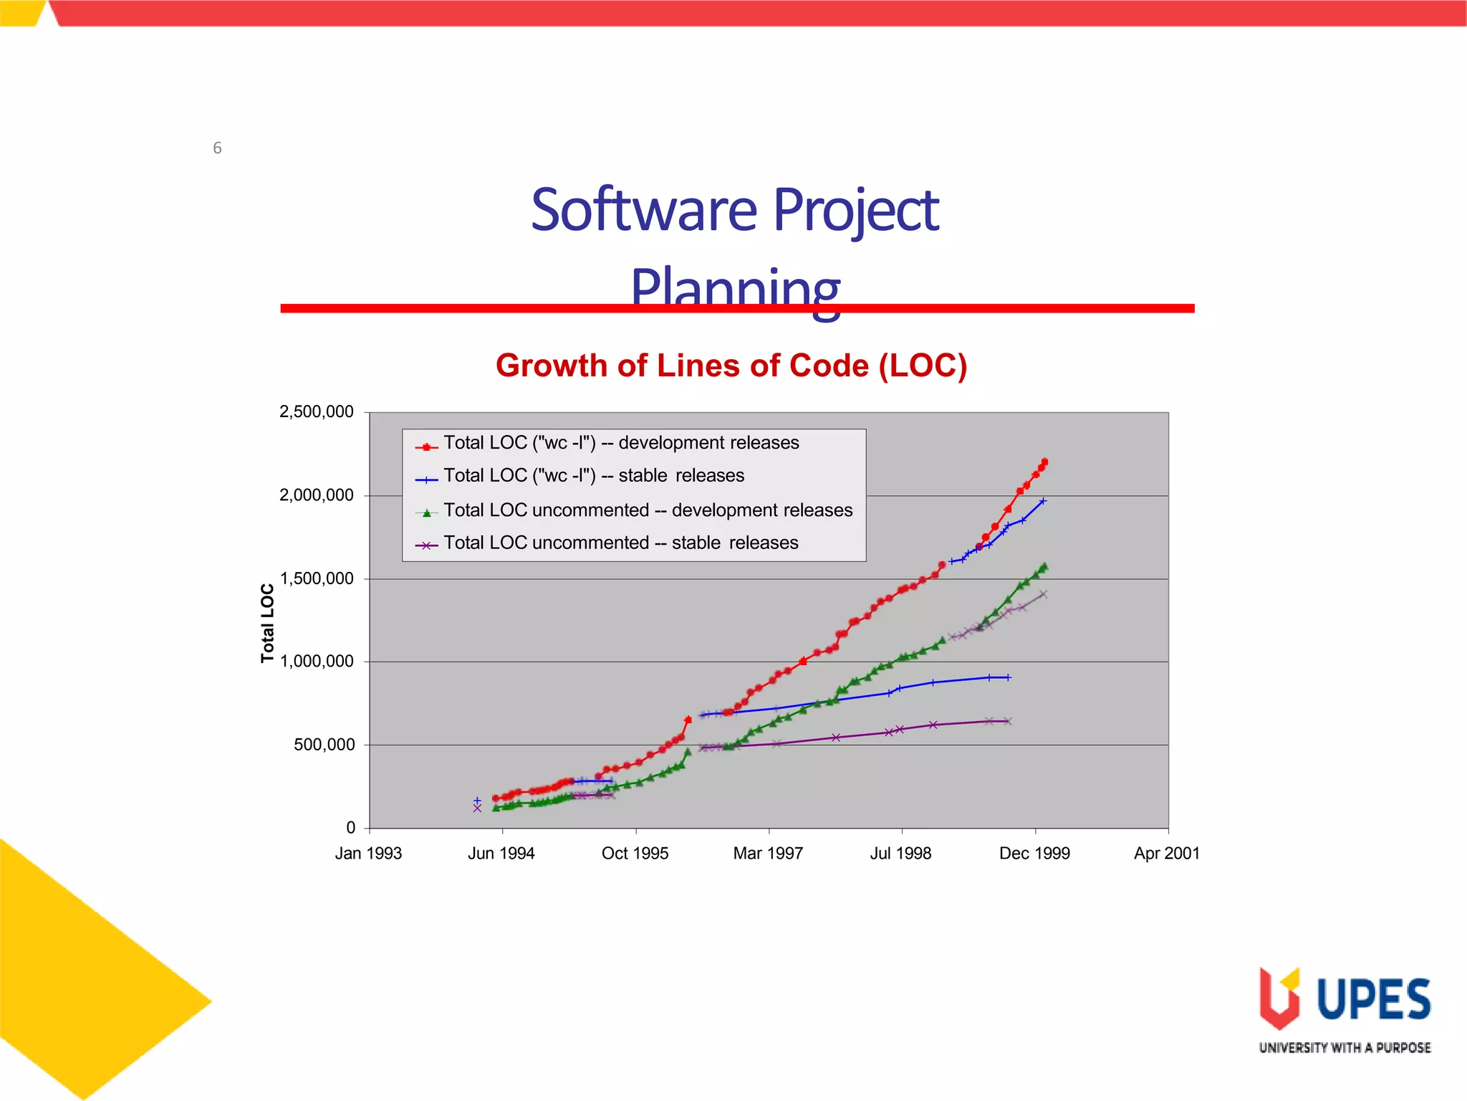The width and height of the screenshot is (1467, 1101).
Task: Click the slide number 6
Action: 217,148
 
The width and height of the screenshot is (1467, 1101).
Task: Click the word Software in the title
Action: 643,210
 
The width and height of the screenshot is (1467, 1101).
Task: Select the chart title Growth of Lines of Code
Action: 731,366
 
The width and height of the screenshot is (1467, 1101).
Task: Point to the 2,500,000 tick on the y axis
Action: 316,412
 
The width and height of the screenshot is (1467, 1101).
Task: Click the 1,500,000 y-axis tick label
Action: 316,578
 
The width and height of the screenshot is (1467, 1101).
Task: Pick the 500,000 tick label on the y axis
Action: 323,745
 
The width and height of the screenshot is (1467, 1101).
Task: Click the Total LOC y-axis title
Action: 267,622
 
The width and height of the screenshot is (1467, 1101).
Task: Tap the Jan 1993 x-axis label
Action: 368,854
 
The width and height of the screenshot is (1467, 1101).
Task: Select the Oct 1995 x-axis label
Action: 635,854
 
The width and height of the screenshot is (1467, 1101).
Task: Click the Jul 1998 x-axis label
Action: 900,854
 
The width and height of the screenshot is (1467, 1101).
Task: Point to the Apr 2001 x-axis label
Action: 1166,854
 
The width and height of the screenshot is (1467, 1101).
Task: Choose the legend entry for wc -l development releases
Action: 620,443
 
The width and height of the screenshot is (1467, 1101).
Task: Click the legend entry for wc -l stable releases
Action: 593,476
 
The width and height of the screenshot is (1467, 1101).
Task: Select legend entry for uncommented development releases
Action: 648,510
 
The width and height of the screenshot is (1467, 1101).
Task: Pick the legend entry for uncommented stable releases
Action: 620,543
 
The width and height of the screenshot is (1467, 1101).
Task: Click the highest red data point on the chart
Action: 1044,462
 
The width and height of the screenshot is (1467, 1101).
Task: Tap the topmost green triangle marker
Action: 1044,566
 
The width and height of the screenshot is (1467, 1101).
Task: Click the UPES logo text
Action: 1373,999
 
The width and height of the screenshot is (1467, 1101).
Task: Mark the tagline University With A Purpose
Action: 1345,1048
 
